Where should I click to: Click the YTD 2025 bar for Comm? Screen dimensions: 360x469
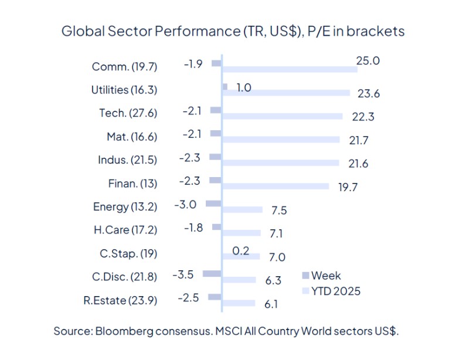(x=290, y=70)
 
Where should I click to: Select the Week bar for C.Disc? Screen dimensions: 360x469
(x=212, y=274)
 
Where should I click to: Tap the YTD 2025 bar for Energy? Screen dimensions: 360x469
(x=242, y=210)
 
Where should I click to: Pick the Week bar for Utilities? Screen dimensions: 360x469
(x=225, y=87)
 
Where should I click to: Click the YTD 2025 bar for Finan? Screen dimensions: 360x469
(x=276, y=186)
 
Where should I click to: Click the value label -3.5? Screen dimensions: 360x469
(x=183, y=274)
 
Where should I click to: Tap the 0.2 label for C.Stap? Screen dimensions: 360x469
(x=241, y=250)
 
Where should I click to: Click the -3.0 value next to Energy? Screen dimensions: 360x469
(x=185, y=204)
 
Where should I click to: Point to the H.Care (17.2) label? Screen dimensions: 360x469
(x=125, y=230)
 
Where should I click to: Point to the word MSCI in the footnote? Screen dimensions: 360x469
(x=228, y=331)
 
